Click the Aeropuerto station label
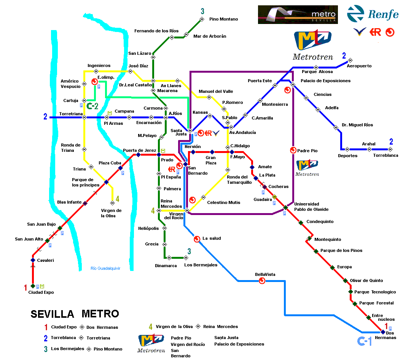click(x=359, y=66)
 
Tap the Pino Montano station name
click(x=223, y=19)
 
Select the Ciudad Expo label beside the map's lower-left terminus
click(x=41, y=292)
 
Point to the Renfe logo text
click(x=383, y=15)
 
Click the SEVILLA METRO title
click(x=75, y=314)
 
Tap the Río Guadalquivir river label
click(x=105, y=268)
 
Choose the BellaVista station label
click(x=265, y=274)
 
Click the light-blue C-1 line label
click(x=364, y=341)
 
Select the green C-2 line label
click(x=92, y=106)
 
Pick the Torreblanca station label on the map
click(x=385, y=155)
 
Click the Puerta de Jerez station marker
click(x=139, y=155)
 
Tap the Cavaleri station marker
click(x=33, y=260)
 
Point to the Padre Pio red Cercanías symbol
click(x=293, y=150)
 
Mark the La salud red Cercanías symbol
click(x=197, y=239)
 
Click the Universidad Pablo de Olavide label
click(x=311, y=207)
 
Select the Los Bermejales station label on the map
click(x=201, y=265)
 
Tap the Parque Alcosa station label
click(x=317, y=72)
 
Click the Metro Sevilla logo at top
click(x=298, y=15)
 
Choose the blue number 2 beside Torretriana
click(x=45, y=117)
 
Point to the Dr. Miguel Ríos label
click(x=357, y=125)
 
